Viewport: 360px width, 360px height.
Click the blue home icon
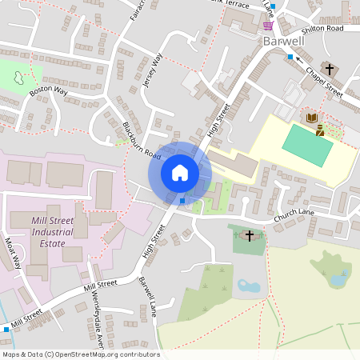180,173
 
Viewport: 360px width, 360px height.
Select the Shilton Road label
323,28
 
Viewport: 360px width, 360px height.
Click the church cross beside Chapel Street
329,69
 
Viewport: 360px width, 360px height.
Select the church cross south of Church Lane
250,235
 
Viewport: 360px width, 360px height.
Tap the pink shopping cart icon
266,26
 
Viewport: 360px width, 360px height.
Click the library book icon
310,118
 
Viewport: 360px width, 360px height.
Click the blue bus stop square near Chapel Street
290,56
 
